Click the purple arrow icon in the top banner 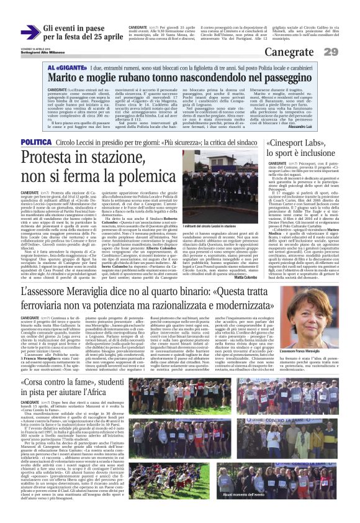pyautogui.click(x=30, y=32)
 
